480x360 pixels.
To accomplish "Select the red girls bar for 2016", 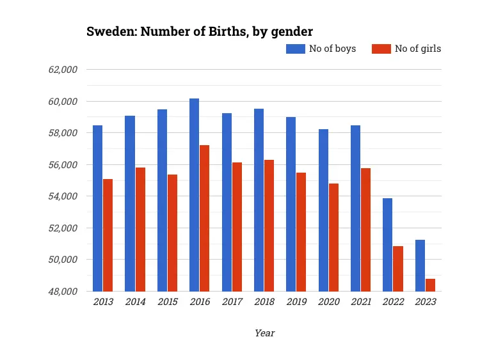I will (204, 218).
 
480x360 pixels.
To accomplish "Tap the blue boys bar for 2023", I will (420, 265).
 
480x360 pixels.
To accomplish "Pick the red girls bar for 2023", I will (430, 285).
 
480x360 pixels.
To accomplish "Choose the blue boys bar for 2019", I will (291, 204).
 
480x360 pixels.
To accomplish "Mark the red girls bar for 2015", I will (172, 233).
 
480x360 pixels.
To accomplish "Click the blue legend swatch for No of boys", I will (295, 49).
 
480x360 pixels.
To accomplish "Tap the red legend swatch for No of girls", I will (381, 49).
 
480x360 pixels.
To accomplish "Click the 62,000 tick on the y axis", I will (63, 70).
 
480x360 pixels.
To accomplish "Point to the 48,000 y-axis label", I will (63, 292).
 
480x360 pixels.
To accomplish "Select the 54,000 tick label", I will (63, 196).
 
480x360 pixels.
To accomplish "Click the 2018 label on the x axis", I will (264, 302).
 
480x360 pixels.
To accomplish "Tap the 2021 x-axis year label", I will (361, 302).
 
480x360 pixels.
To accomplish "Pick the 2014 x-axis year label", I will (135, 302).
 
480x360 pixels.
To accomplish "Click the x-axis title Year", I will (264, 333).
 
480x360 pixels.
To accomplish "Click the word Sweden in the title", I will (108, 31).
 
